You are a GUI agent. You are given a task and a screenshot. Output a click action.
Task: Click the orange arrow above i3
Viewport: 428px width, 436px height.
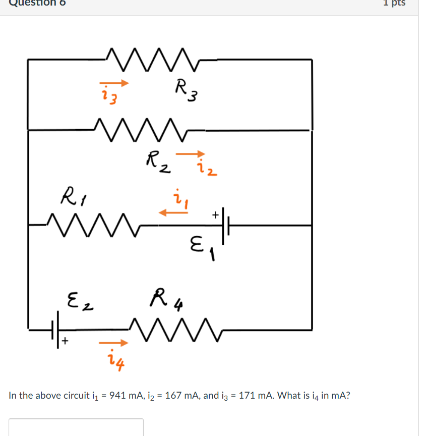tap(114, 83)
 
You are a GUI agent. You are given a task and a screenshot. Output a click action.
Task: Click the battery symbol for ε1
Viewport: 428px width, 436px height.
tap(225, 226)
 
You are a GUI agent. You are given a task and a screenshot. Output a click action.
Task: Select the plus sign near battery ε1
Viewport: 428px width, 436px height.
tap(215, 215)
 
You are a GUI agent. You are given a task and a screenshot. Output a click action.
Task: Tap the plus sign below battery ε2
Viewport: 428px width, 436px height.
tap(66, 343)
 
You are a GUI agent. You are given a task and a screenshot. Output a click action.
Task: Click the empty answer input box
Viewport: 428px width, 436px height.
tap(76, 427)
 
